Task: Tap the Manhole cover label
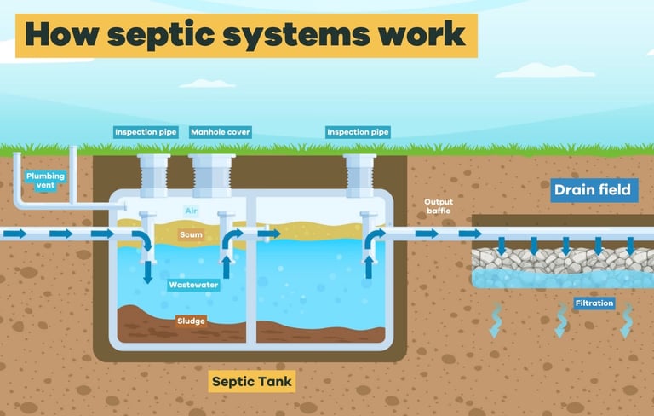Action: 221,132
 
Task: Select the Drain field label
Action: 593,189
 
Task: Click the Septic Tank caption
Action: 252,381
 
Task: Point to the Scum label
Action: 191,233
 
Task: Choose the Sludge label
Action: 192,321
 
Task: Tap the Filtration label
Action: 594,303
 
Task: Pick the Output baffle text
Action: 439,207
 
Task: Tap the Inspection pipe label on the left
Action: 146,132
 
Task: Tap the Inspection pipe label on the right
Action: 358,132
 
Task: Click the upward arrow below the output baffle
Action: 369,269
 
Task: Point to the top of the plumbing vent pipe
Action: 73,150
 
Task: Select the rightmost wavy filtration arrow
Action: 627,321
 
